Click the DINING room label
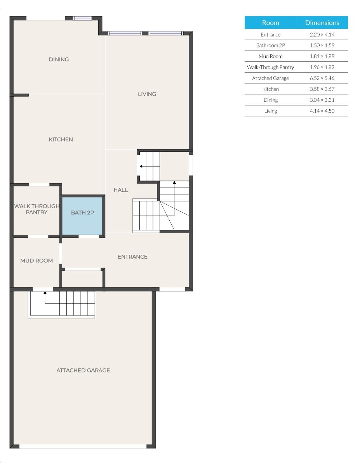point(59,59)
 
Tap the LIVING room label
point(147,94)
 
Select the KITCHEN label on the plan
point(61,139)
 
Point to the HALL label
point(120,190)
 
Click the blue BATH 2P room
point(82,216)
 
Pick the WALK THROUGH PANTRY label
point(37,209)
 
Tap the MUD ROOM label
point(37,261)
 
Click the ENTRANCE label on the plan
point(132,257)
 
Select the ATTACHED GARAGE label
point(83,370)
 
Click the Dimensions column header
point(322,23)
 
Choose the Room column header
point(271,23)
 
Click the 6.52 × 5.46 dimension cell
point(322,78)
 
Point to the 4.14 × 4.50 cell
point(322,111)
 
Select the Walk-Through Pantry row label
point(270,67)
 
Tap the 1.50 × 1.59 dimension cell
point(322,45)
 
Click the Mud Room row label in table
point(270,56)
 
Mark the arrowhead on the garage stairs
point(45,292)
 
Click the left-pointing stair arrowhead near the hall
point(141,166)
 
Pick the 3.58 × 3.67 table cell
point(322,89)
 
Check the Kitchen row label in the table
point(270,89)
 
